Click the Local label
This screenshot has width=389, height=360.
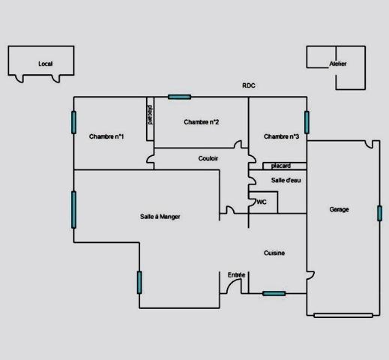point(46,64)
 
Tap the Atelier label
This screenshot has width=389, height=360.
point(338,64)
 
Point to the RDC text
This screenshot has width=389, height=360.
point(249,85)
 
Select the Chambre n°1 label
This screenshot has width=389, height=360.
point(106,136)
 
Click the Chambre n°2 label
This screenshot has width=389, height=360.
point(202,122)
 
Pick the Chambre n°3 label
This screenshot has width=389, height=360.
point(281,136)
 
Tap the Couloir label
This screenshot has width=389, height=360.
point(208,158)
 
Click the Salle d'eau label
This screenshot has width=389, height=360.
point(286,180)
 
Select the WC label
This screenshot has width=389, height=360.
point(262,202)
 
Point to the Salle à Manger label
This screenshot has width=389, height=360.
point(160,217)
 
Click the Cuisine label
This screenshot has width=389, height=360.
point(274,253)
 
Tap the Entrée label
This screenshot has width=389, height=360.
point(236,275)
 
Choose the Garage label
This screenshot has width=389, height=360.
point(339,209)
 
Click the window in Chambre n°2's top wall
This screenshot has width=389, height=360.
point(180,97)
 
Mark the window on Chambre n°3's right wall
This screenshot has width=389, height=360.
point(307,122)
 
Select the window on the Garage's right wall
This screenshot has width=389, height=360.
point(379,213)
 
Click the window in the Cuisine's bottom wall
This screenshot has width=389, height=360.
point(274,293)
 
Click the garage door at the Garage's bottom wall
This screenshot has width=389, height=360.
point(343,316)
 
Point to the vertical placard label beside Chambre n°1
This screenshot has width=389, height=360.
point(150,115)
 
